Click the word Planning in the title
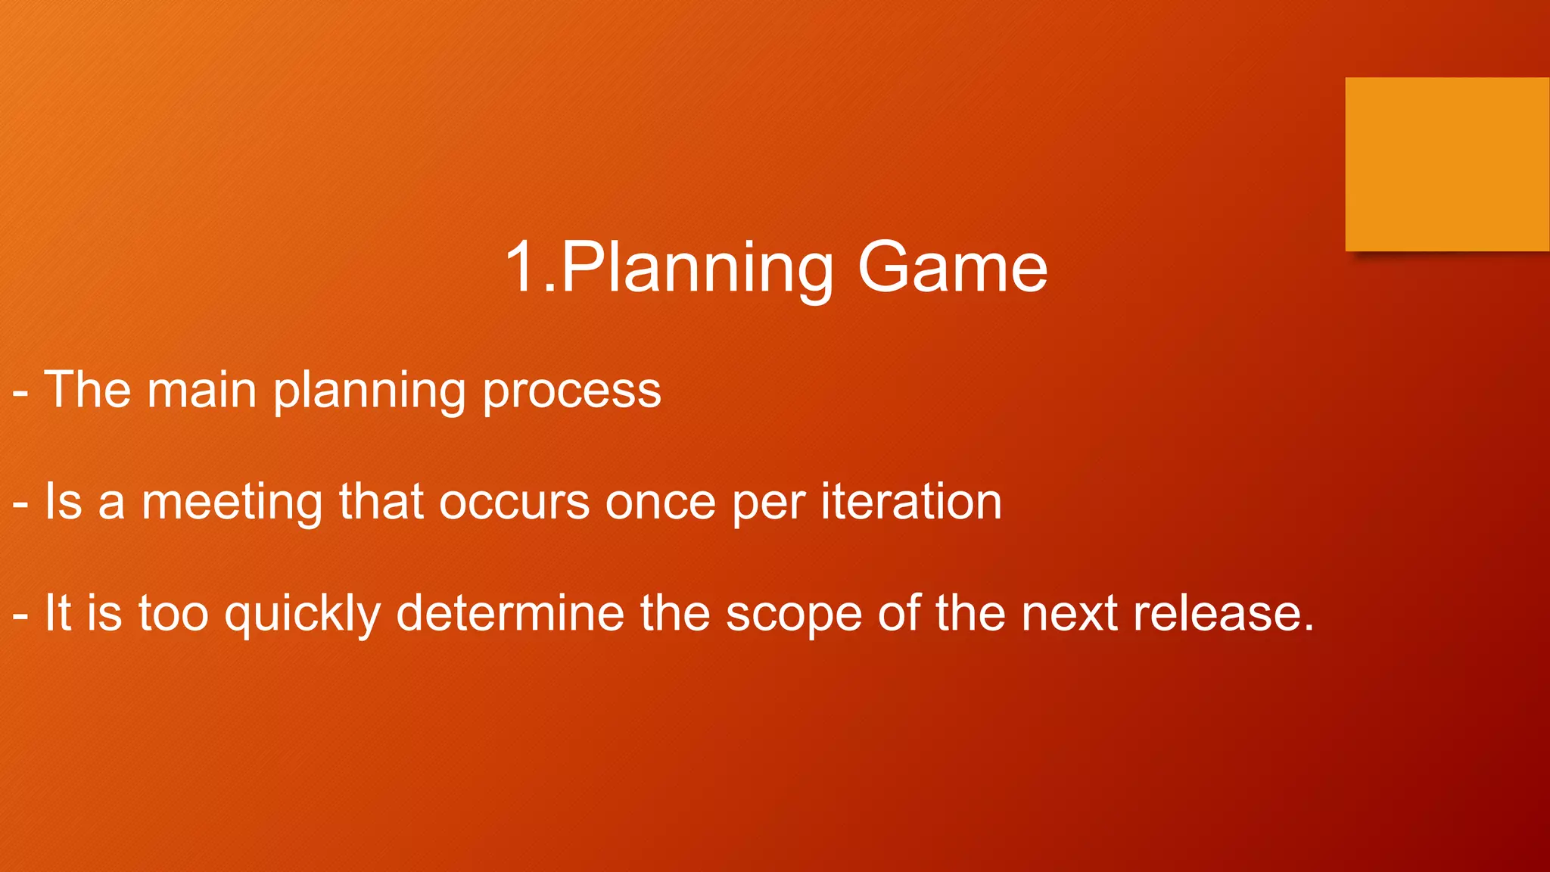point(696,269)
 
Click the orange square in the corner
point(1447,164)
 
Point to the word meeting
point(232,503)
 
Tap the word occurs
point(514,503)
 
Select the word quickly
point(303,615)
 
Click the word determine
point(510,613)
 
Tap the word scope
point(794,615)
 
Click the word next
point(1069,613)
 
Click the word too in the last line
point(173,613)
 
